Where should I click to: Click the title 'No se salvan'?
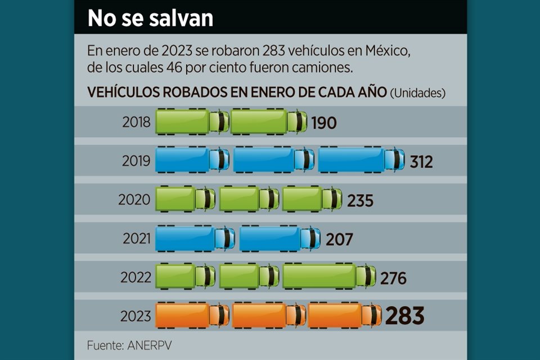(x=150, y=18)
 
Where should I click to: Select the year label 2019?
(x=137, y=161)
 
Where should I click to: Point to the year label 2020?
(x=134, y=200)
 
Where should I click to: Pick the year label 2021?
(x=137, y=238)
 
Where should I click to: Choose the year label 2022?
(x=136, y=277)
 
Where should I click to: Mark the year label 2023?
(x=136, y=316)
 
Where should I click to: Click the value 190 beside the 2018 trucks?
(x=323, y=123)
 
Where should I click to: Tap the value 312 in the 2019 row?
(x=421, y=161)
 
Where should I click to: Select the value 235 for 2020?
(x=360, y=200)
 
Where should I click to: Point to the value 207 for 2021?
(x=339, y=239)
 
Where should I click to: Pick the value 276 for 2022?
(x=393, y=278)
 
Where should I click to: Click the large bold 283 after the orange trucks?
(x=404, y=316)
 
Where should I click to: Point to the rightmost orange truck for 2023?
(x=344, y=315)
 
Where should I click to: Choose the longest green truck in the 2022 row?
(x=329, y=276)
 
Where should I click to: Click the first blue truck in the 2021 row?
(x=195, y=238)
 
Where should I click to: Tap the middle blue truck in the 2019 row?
(x=273, y=160)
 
